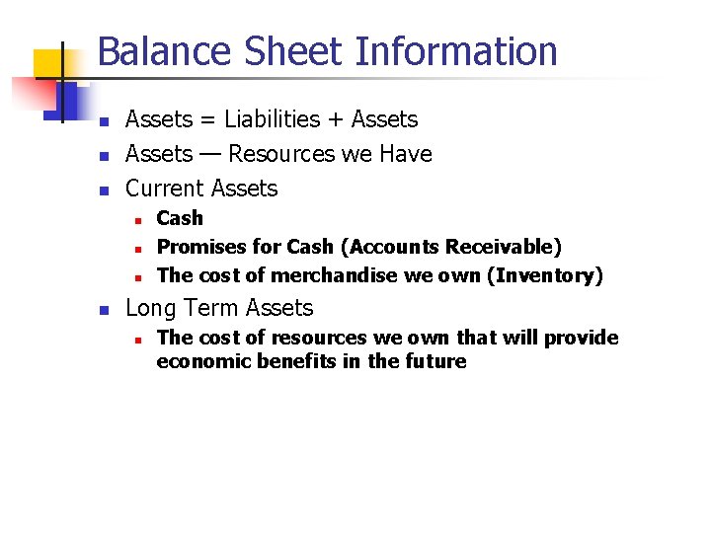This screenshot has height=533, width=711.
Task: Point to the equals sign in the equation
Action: (208, 119)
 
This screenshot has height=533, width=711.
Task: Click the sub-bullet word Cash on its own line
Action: (180, 218)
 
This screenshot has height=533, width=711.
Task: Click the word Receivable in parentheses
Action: (505, 247)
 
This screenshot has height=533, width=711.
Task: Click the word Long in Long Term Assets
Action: (149, 308)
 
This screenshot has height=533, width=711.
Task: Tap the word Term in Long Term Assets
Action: (202, 308)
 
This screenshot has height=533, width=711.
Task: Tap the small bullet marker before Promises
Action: (139, 248)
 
